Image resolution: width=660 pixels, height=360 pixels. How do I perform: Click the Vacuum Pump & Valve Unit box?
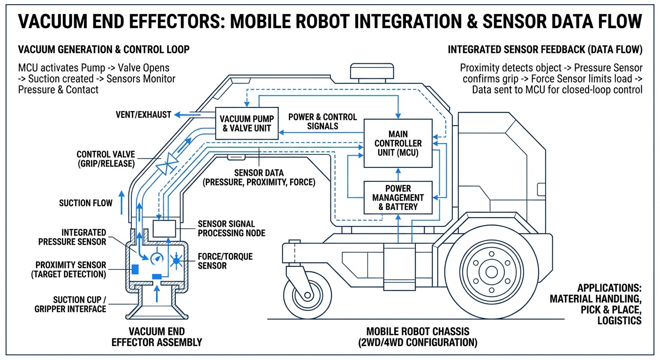(x=245, y=123)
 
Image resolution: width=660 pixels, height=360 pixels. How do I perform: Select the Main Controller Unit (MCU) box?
(x=398, y=143)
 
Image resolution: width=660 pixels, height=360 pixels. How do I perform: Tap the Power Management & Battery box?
(x=398, y=197)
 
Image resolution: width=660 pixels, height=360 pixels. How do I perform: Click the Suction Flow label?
(x=86, y=203)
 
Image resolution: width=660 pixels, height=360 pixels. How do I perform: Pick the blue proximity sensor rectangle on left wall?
(x=135, y=269)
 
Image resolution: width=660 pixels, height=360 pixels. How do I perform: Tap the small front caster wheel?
(x=307, y=295)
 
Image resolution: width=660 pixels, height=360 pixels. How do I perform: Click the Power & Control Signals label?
(x=322, y=121)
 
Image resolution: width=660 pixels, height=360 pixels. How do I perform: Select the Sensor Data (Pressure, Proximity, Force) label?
(x=259, y=178)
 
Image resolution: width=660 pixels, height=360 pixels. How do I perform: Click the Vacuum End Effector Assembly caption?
(x=157, y=337)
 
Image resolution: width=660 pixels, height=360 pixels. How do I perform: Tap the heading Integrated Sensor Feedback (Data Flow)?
(x=545, y=50)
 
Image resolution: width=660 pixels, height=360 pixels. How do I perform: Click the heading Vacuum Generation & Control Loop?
(x=104, y=50)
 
